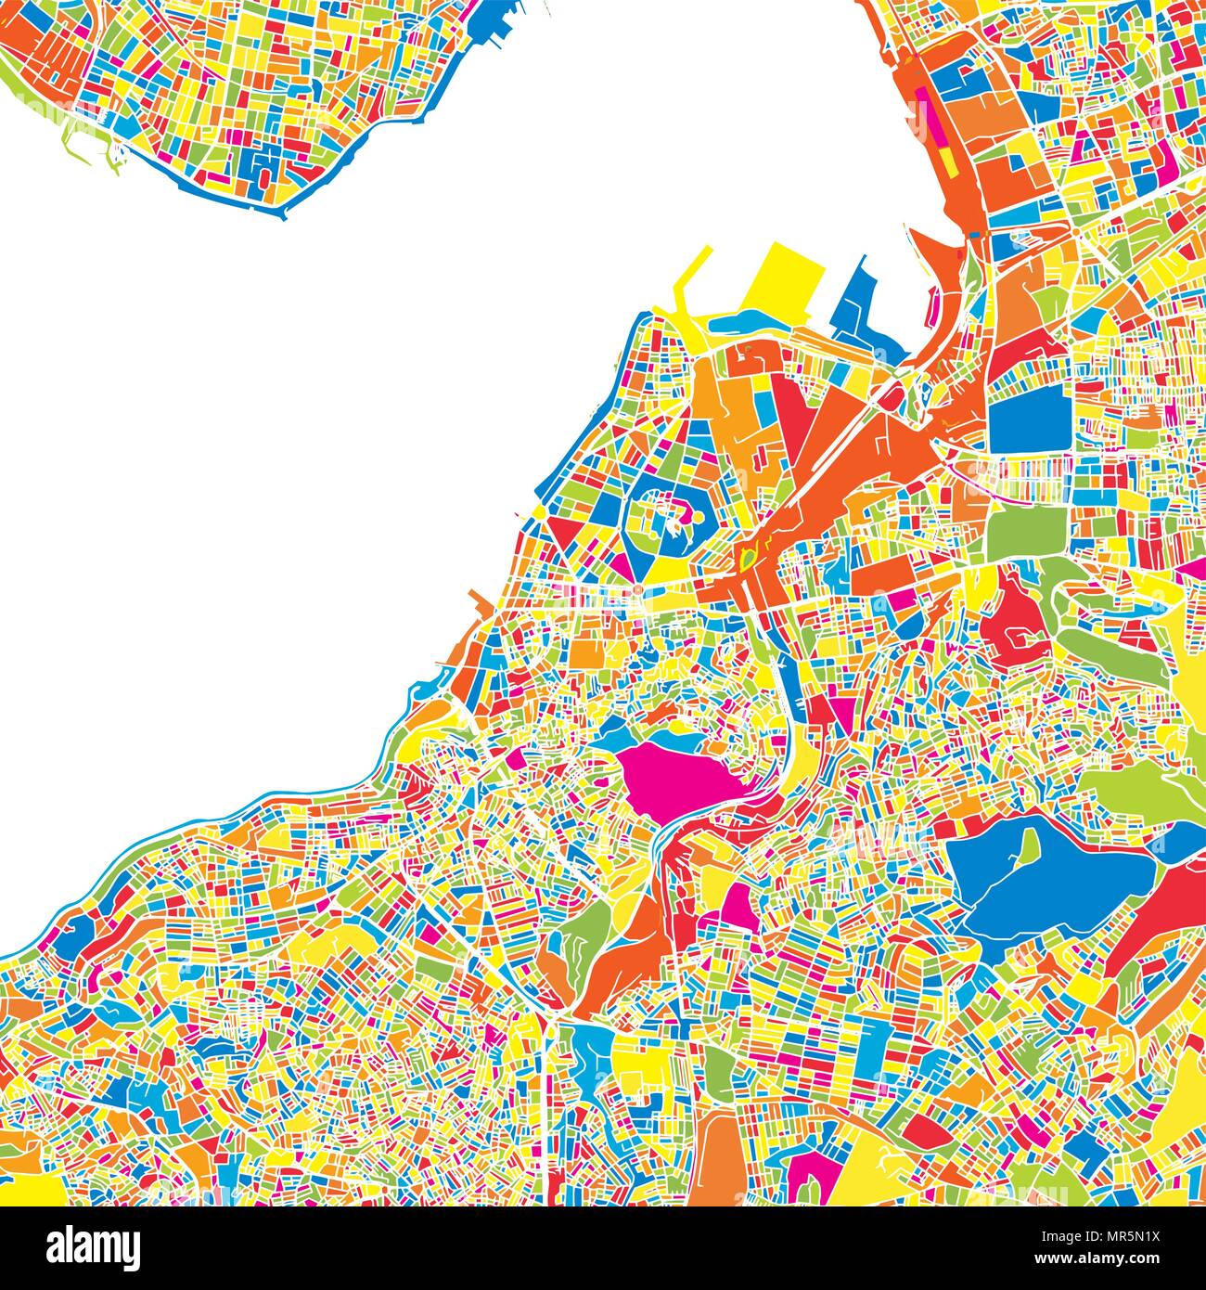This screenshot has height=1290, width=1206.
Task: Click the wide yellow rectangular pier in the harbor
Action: [x=784, y=278]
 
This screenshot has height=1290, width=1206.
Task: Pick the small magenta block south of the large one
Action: [x=739, y=905]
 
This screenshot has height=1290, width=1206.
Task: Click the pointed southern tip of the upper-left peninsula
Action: [x=283, y=215]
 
